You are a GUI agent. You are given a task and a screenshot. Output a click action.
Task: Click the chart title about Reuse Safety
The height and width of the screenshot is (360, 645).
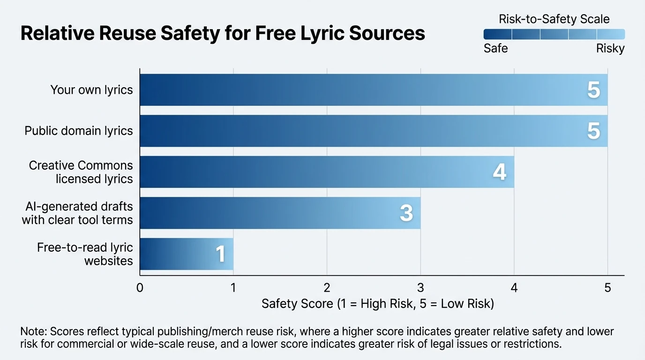(x=223, y=34)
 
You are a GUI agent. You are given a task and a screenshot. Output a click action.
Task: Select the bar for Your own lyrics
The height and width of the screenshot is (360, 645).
(x=374, y=90)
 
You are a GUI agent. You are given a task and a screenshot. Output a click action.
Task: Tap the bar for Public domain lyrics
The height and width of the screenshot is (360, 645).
(x=374, y=131)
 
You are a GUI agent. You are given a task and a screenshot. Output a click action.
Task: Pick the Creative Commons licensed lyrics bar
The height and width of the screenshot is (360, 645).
(x=327, y=172)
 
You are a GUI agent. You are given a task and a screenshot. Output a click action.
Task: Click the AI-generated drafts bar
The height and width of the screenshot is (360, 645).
(x=280, y=213)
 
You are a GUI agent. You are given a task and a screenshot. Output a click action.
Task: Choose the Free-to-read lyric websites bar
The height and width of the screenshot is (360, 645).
(x=186, y=254)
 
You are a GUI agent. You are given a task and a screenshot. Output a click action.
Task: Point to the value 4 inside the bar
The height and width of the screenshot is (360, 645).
(x=500, y=172)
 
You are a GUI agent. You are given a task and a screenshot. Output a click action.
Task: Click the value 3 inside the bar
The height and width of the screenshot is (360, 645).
(x=406, y=213)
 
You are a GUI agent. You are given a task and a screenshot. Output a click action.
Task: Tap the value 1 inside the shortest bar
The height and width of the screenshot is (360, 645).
(x=220, y=255)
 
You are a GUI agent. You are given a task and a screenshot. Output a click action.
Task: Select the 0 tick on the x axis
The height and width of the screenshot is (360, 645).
(x=140, y=288)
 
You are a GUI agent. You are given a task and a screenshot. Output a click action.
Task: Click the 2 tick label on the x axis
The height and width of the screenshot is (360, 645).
(x=327, y=288)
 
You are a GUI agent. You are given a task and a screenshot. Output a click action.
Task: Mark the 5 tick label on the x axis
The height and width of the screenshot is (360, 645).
(x=607, y=288)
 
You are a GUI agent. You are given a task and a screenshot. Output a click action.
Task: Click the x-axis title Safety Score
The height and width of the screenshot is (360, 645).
(x=377, y=304)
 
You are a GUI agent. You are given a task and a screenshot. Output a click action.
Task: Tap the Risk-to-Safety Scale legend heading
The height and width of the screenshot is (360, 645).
(x=554, y=19)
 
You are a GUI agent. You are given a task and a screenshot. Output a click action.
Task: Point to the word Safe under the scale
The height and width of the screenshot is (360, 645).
(x=495, y=48)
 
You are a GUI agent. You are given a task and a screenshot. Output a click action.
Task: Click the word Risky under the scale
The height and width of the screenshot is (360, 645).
(x=610, y=48)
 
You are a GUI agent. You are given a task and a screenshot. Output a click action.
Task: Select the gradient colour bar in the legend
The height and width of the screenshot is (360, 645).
(x=554, y=34)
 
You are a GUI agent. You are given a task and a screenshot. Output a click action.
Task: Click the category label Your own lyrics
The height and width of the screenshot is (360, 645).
(x=91, y=90)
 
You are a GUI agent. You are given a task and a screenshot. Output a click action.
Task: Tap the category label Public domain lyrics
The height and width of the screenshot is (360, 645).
(x=79, y=131)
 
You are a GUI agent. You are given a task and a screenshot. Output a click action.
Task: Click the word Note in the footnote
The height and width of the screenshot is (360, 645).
(x=33, y=331)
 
